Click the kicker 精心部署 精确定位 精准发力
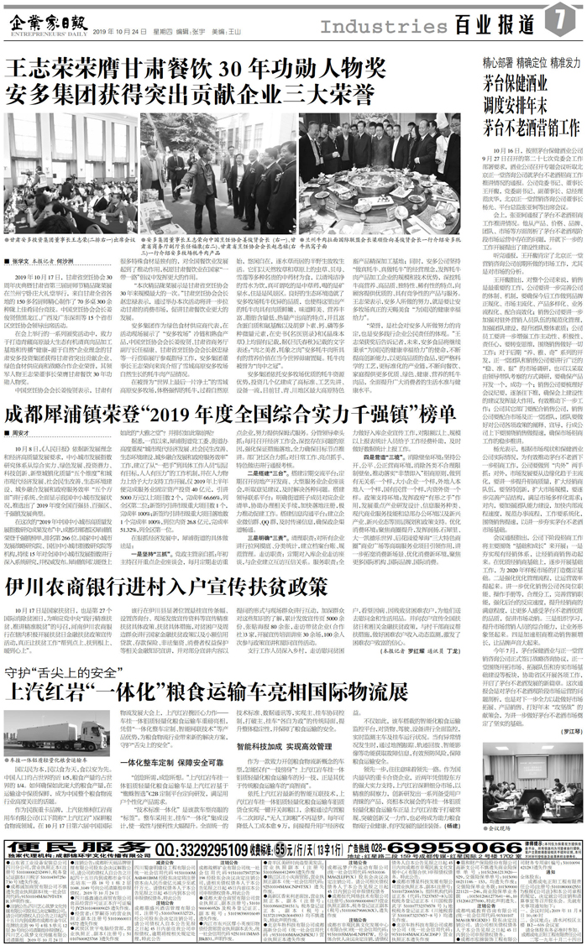(532, 63)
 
